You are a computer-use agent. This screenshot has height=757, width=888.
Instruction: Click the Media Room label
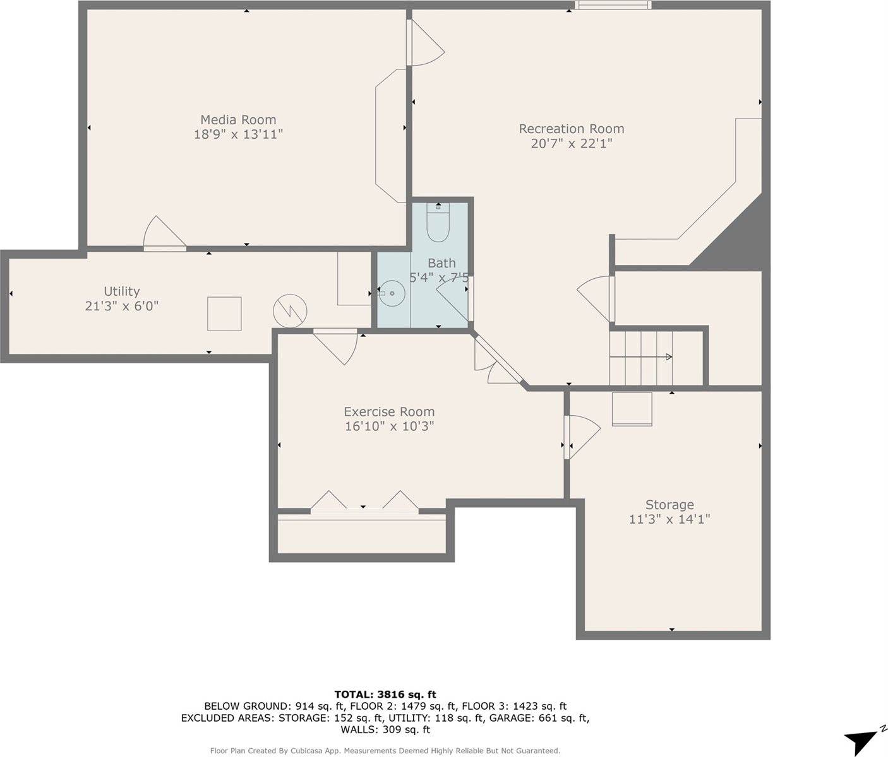238,120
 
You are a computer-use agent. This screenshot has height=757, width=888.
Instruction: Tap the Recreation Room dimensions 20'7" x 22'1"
571,144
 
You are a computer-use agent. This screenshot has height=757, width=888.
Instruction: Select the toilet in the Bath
437,223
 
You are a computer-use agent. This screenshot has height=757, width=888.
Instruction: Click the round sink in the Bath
392,293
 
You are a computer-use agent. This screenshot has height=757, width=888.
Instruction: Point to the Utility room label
121,291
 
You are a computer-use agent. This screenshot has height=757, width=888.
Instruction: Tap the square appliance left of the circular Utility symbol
224,314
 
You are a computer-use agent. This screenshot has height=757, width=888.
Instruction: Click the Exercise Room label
389,412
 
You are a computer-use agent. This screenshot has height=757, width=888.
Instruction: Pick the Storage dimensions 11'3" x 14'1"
669,519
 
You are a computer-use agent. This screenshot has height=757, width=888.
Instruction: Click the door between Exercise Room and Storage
581,435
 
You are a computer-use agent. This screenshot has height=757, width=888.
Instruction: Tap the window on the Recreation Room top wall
613,6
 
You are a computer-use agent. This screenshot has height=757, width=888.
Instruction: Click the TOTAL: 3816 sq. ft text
385,695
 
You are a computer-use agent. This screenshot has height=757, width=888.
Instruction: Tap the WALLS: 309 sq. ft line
385,730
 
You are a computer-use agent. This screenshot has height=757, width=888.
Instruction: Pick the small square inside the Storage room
632,409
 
